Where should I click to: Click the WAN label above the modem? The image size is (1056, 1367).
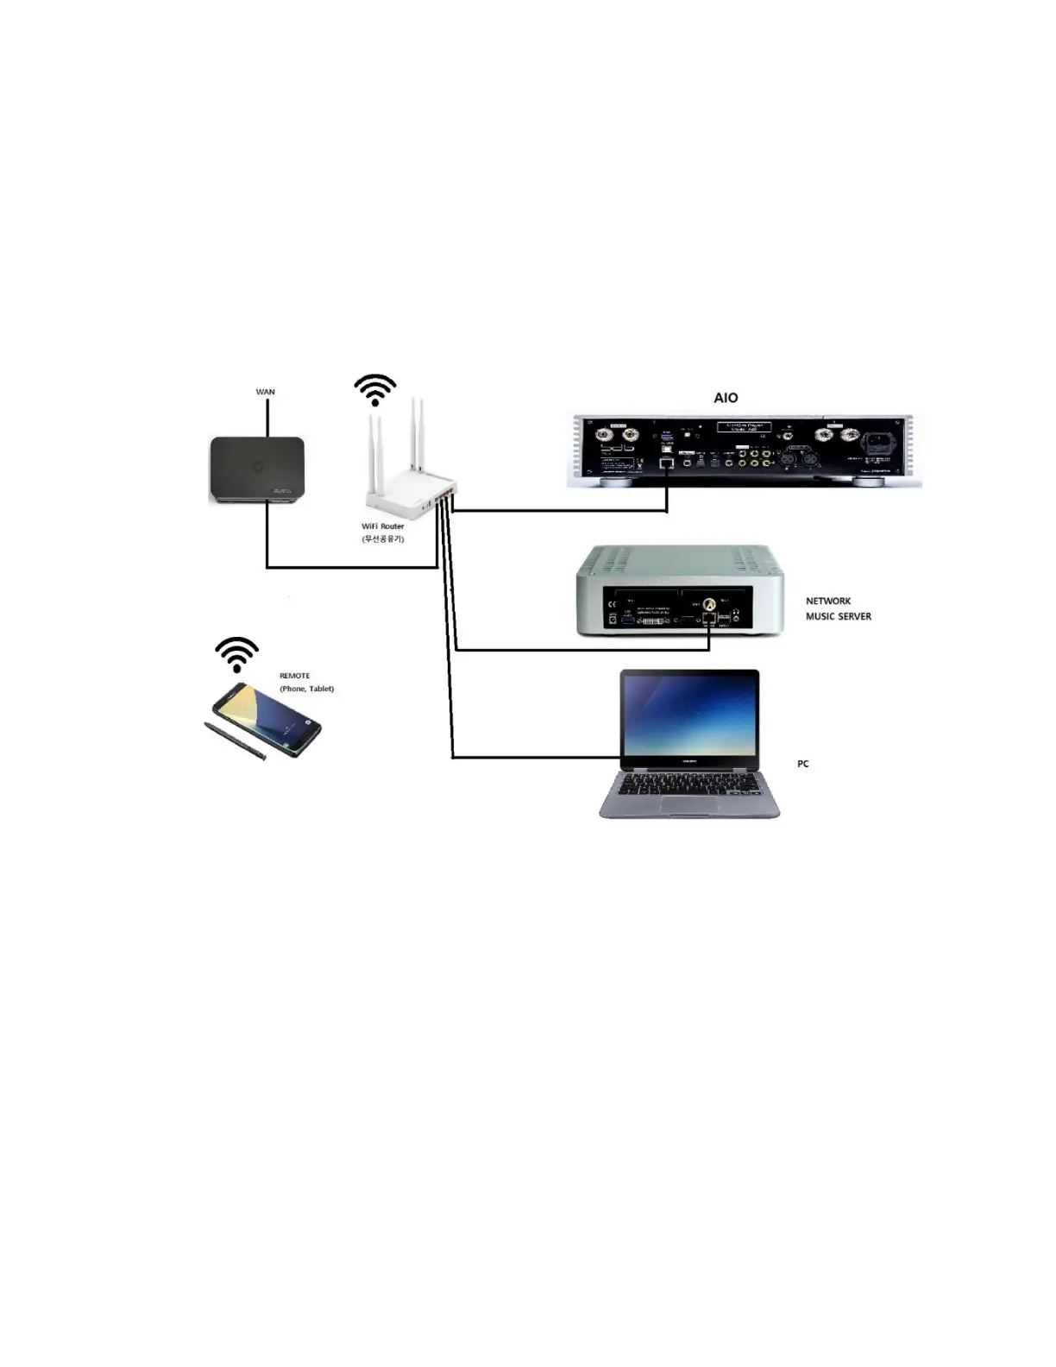(x=265, y=392)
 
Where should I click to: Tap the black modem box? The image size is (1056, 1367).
(x=257, y=469)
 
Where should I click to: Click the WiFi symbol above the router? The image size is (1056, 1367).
(x=375, y=389)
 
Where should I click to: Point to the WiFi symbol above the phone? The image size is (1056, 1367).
(x=236, y=654)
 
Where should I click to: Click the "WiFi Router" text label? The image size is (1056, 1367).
(x=383, y=526)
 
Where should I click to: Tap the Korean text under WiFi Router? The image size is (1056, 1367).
(x=383, y=539)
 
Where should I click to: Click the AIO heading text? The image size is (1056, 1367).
(x=726, y=398)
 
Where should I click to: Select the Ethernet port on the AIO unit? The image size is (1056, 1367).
(x=666, y=463)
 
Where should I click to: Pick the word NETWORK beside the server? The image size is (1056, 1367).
(x=828, y=601)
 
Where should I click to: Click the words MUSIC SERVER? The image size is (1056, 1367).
(x=839, y=616)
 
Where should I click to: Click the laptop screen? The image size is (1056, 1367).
(x=690, y=715)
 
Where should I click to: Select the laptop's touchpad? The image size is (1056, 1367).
(x=689, y=805)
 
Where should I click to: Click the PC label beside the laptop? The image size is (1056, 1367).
(x=803, y=764)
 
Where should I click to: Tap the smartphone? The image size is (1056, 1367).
(x=267, y=719)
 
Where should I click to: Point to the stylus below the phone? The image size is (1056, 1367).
(x=234, y=741)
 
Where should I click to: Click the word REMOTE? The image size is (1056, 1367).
(x=294, y=676)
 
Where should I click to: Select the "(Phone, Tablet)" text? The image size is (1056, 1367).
(x=306, y=689)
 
